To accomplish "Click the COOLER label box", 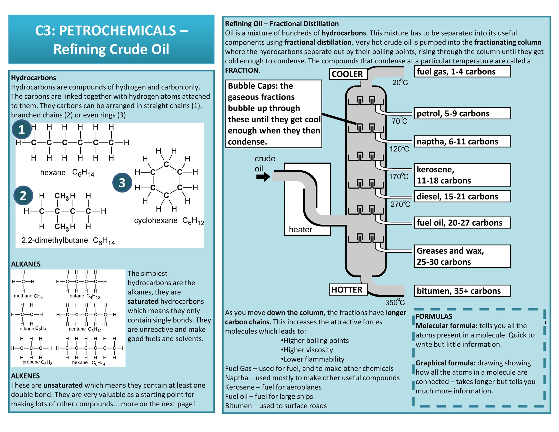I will (x=348, y=74).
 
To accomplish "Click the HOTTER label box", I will (x=347, y=289).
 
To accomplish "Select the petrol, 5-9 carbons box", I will (x=462, y=113).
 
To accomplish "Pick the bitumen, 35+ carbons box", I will (x=462, y=291).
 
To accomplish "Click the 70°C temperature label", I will (x=399, y=121).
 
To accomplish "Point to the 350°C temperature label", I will (x=395, y=302).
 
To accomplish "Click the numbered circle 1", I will (x=22, y=129).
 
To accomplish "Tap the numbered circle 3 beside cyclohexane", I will (x=122, y=183).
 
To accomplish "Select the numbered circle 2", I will (x=23, y=196).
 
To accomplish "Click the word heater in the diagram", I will (x=301, y=229).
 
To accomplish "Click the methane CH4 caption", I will (x=28, y=296).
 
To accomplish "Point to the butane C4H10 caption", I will (x=85, y=296).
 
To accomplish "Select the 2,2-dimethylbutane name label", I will (x=55, y=240).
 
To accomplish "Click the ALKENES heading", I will (x=25, y=376).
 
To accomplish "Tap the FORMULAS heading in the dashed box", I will (x=434, y=316).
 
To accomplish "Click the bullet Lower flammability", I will (x=313, y=359).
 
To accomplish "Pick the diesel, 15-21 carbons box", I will (x=462, y=197).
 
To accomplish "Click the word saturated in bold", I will (x=143, y=301).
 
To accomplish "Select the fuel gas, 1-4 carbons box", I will (x=462, y=72).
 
